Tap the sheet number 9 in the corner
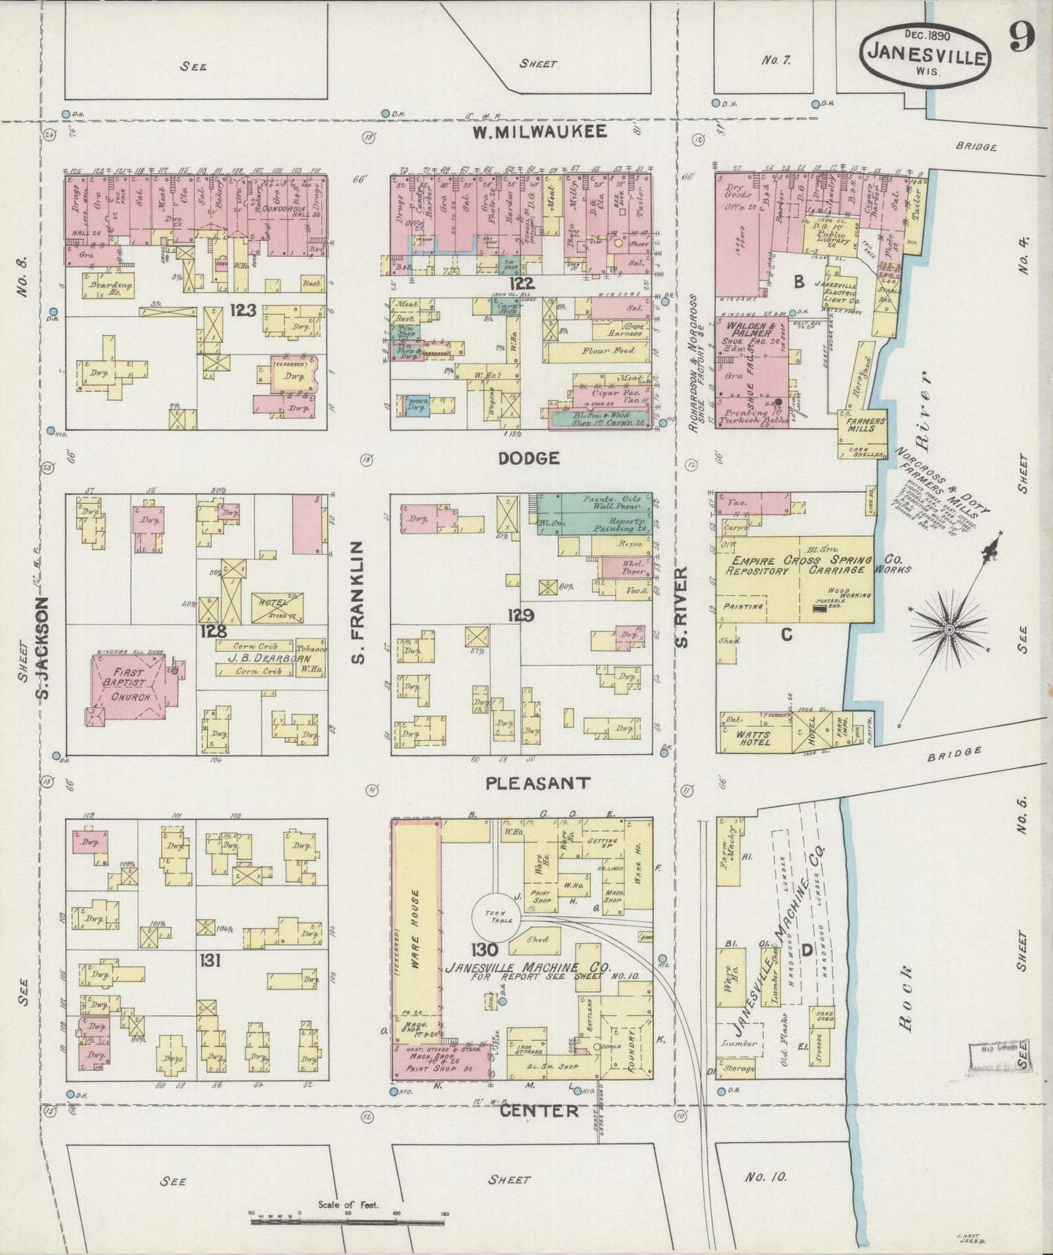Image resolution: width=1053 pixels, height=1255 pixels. point(1022,38)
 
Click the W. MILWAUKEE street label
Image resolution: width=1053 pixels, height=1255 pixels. point(539,132)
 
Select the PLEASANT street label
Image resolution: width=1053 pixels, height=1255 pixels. point(537,784)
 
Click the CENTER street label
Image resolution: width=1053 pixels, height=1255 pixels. point(539,1111)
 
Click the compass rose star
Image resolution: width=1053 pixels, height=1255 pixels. point(950,628)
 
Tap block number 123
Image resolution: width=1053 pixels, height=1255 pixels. point(242,311)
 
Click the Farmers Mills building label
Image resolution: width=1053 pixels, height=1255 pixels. point(865,424)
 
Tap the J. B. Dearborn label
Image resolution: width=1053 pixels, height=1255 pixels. point(259,658)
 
